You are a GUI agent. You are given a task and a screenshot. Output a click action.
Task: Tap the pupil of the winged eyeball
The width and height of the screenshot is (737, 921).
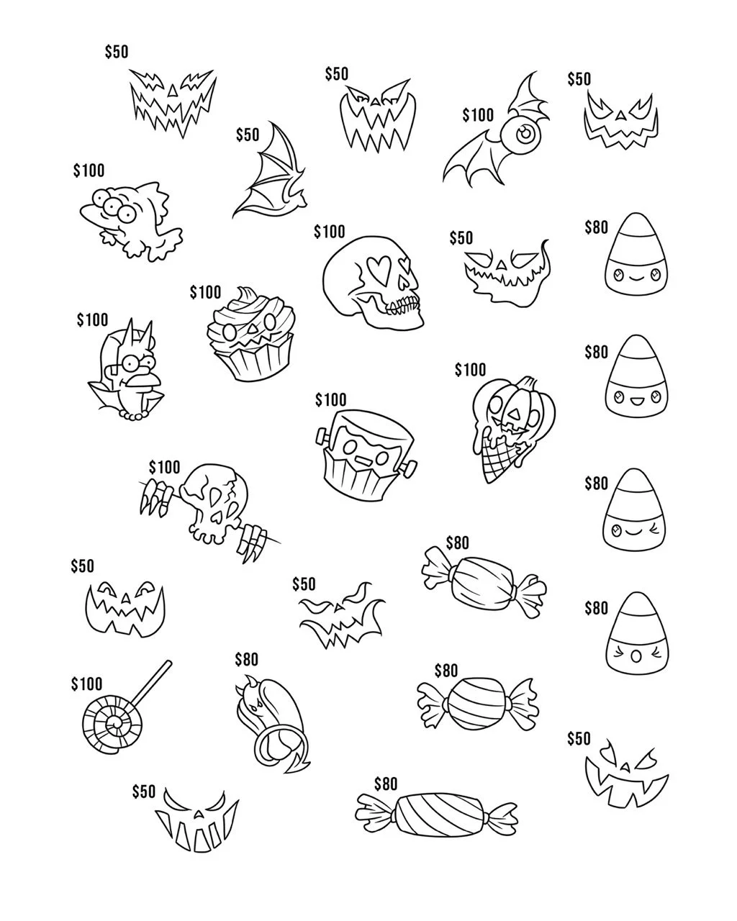526,133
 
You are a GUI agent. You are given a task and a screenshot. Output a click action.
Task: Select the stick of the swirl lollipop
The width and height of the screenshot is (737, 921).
148,684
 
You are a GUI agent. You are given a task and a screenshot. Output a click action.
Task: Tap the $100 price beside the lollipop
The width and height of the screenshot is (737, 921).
86,684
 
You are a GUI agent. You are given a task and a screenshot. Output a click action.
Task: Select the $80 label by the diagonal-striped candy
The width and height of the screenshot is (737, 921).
386,784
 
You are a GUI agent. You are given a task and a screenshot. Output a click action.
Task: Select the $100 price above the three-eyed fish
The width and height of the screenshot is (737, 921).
89,171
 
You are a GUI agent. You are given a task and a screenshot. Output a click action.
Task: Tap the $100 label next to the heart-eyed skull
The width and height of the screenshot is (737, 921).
330,232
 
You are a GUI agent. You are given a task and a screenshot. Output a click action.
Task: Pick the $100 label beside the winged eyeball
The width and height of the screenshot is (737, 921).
478,115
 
